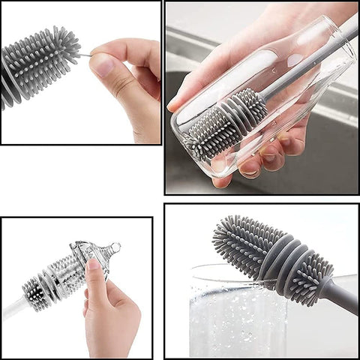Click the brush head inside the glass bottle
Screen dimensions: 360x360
(225, 120)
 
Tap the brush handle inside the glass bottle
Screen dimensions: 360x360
(300, 67)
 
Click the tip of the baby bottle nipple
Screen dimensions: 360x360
(117, 247)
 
